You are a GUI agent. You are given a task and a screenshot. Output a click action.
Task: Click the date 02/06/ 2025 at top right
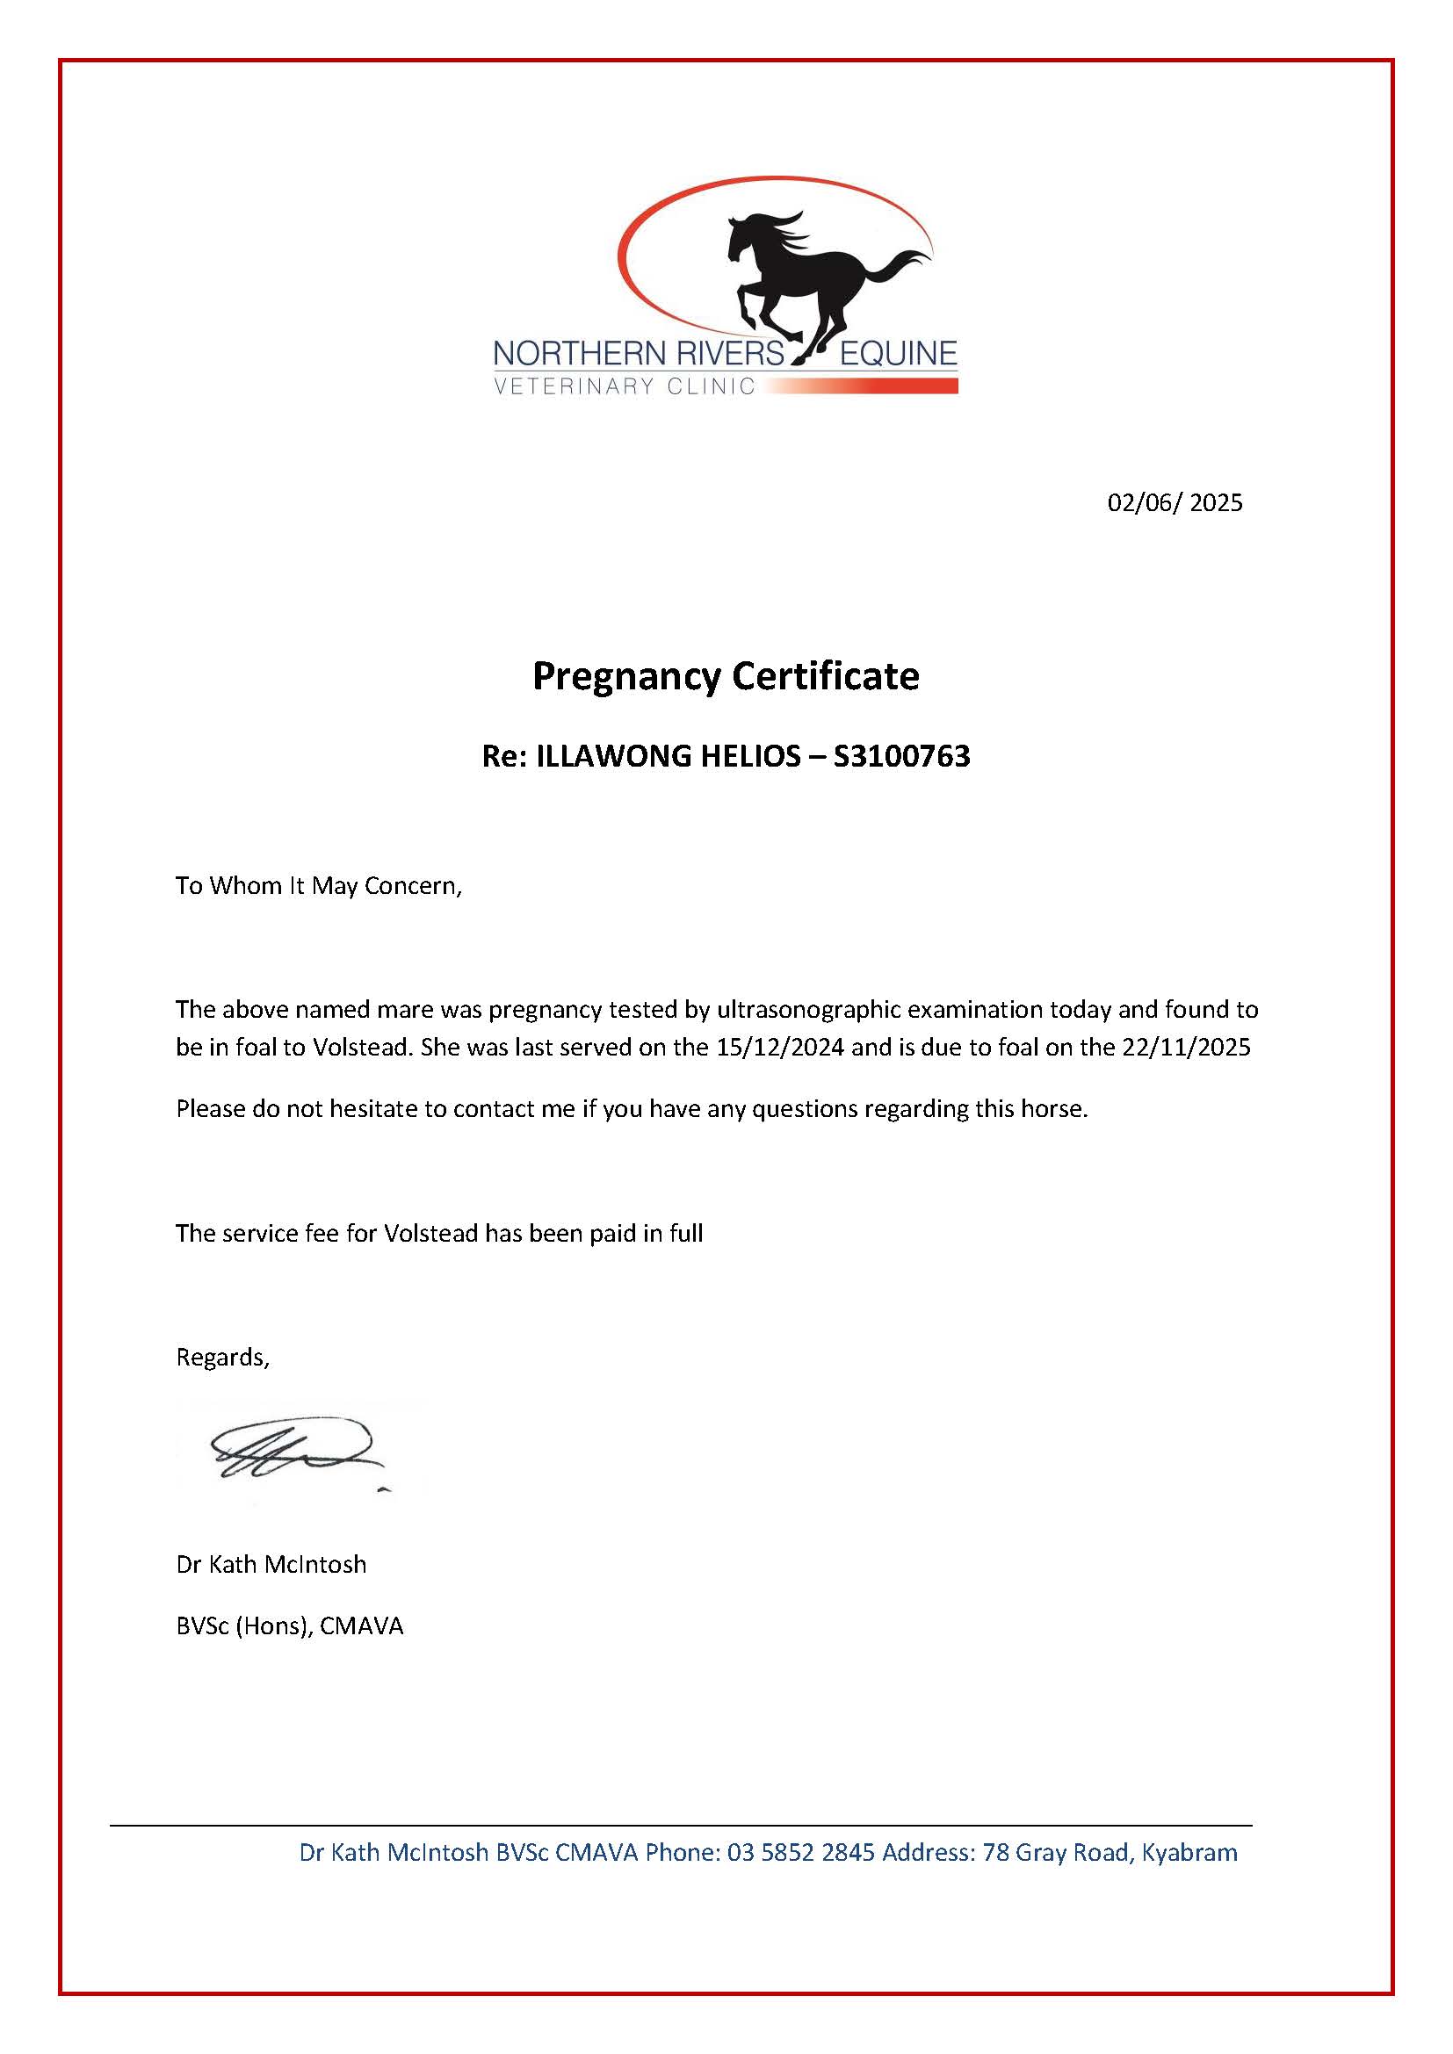[x=1175, y=503]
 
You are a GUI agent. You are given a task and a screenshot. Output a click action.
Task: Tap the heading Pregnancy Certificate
[x=726, y=676]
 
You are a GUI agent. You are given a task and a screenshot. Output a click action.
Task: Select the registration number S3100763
[x=902, y=757]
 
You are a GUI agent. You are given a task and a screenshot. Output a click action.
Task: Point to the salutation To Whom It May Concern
[x=319, y=886]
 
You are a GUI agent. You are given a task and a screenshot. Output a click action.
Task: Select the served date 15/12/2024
[x=780, y=1047]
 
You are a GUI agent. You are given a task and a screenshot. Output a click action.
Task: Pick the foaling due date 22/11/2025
[x=1186, y=1047]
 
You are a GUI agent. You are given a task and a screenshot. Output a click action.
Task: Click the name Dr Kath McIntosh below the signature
[x=271, y=1564]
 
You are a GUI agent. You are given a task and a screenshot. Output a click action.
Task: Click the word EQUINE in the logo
[x=898, y=354]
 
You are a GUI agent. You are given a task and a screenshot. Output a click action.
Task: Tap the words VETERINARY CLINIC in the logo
[x=625, y=386]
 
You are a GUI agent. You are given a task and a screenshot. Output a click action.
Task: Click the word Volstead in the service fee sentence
[x=431, y=1233]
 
